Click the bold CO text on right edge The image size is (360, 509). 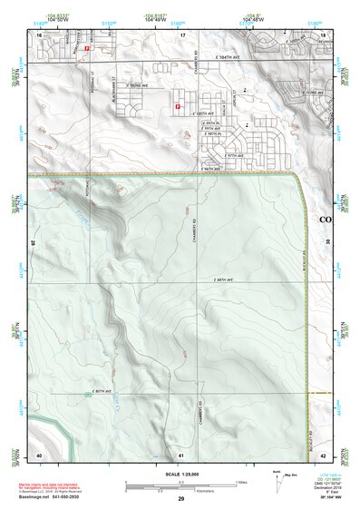pyautogui.click(x=326, y=219)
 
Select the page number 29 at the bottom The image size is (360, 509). pyautogui.click(x=181, y=500)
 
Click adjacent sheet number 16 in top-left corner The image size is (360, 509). pyautogui.click(x=40, y=34)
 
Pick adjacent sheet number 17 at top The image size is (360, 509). pyautogui.click(x=181, y=34)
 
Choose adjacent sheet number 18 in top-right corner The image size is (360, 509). pyautogui.click(x=324, y=34)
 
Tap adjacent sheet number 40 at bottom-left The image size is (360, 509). pyautogui.click(x=39, y=454)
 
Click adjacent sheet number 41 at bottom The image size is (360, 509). pyautogui.click(x=181, y=454)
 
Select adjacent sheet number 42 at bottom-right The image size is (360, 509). pyautogui.click(x=324, y=454)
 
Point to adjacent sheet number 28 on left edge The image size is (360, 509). pyautogui.click(x=33, y=243)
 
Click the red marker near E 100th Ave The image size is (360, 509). pyautogui.click(x=178, y=107)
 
